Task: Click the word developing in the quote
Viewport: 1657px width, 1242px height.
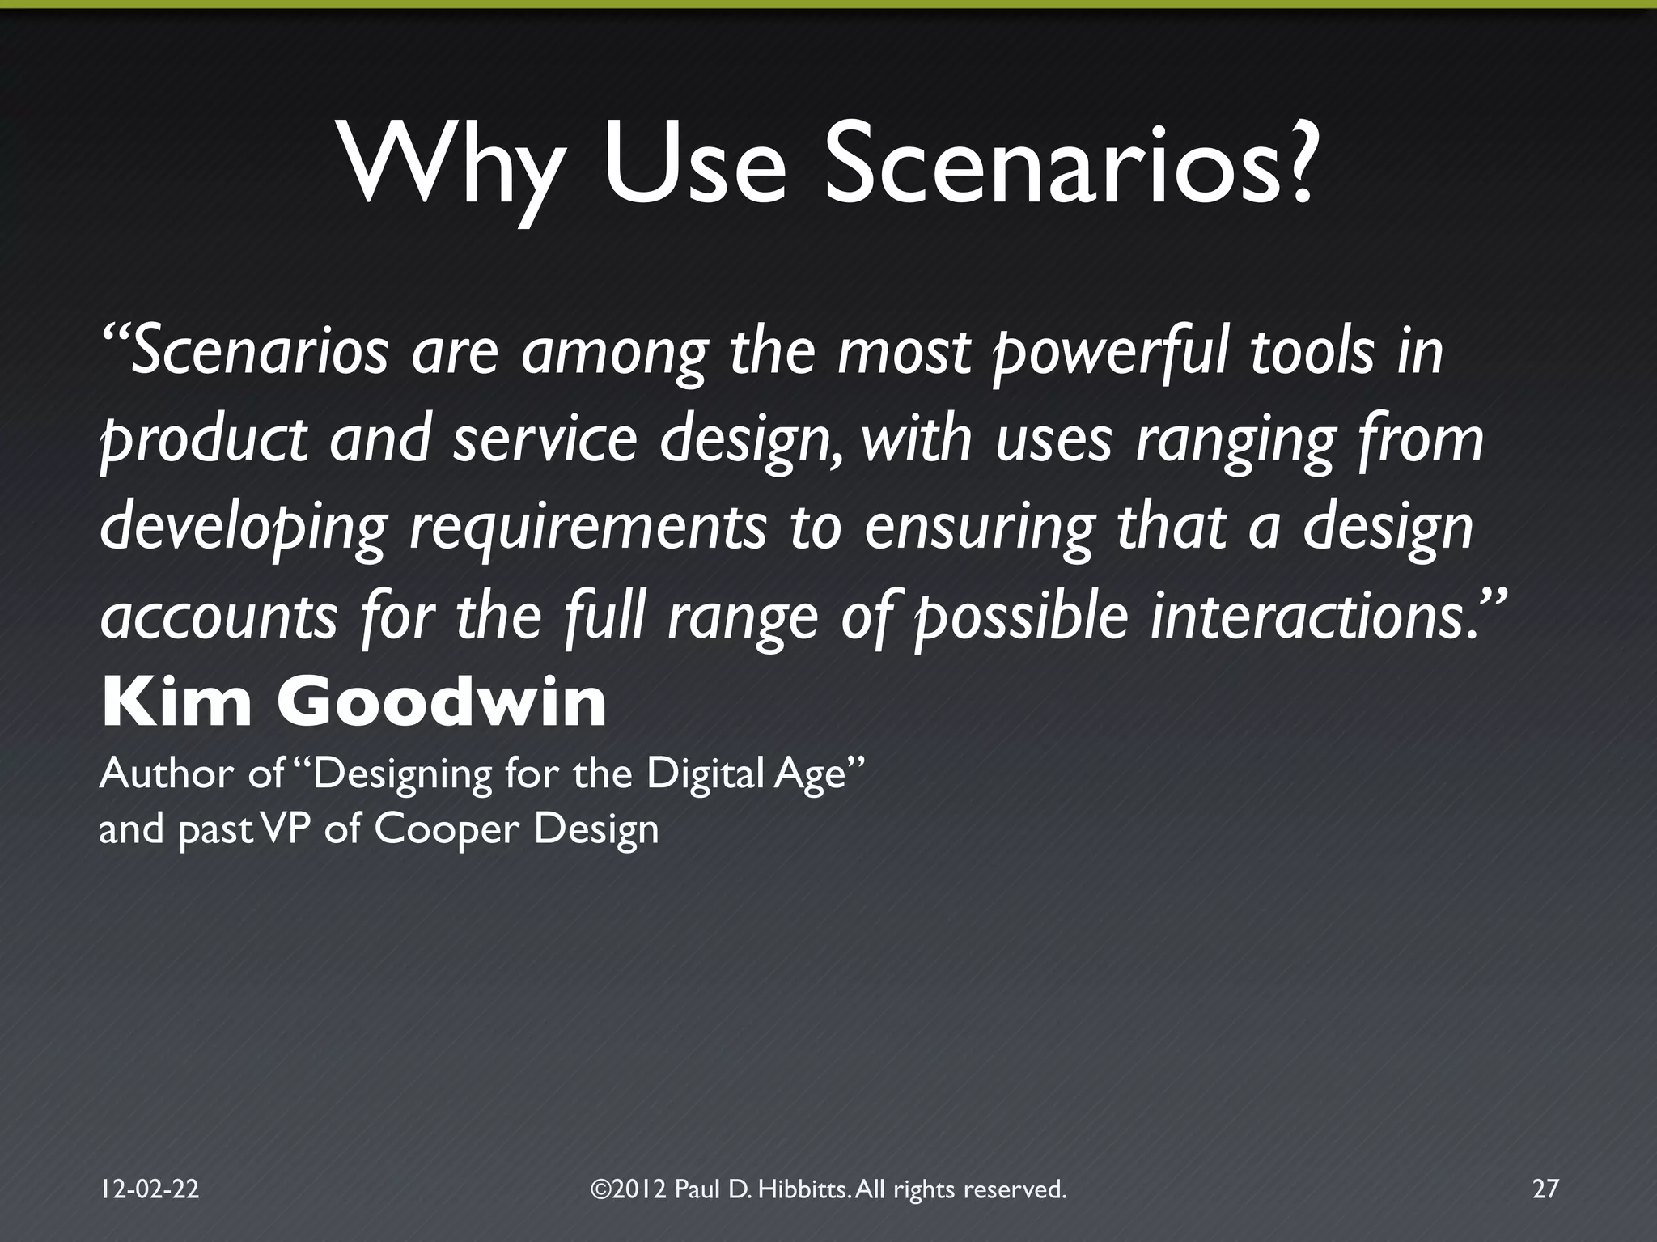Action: click(x=243, y=528)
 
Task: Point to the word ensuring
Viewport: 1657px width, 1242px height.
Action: click(x=979, y=528)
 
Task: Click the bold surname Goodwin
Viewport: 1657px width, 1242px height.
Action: click(x=442, y=703)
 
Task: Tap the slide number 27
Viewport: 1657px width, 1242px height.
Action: click(x=1545, y=1189)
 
